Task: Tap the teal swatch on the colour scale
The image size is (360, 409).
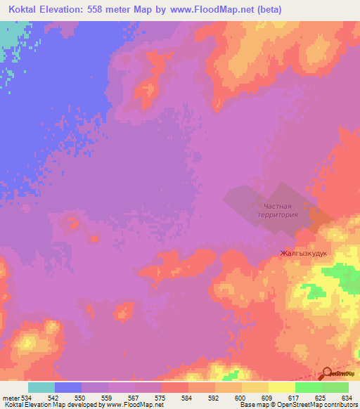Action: [x=41, y=387]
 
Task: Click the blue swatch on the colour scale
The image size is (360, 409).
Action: [x=68, y=387]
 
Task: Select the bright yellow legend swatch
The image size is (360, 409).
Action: [x=281, y=387]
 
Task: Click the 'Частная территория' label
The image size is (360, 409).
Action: [x=276, y=211]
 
